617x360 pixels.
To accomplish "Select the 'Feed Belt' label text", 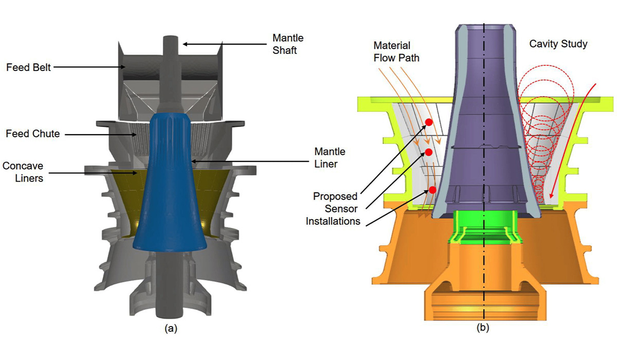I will [x=28, y=67].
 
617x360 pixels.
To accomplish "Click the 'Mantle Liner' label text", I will [x=331, y=158].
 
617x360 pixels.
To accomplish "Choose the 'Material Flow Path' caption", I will [x=396, y=51].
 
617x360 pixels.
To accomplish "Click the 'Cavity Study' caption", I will [x=558, y=45].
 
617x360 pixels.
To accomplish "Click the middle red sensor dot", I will [x=427, y=152].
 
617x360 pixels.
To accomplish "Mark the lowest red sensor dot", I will [x=432, y=190].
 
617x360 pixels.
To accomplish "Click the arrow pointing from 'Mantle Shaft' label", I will [x=206, y=44].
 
